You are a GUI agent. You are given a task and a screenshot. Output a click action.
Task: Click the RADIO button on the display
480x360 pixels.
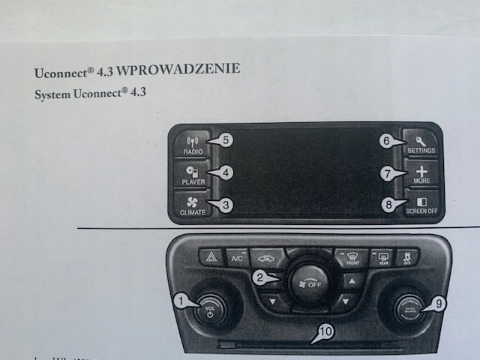coord(193,144)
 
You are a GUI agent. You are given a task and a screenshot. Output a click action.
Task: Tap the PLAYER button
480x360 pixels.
coord(193,175)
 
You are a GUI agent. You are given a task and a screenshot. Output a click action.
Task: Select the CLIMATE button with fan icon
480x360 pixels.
coord(193,205)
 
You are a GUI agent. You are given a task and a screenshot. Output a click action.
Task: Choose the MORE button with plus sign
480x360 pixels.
coord(421,175)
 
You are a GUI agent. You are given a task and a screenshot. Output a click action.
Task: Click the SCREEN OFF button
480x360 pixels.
coord(421,205)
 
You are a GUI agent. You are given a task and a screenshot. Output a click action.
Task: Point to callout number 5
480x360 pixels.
coord(226,139)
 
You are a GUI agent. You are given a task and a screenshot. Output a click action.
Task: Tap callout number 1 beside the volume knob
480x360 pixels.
coord(180,301)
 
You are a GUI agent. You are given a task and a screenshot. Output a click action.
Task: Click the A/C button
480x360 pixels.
coord(237,259)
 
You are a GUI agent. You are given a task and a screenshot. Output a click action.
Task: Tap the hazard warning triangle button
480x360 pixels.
coord(211,259)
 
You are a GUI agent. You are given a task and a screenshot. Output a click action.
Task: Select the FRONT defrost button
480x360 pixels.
coord(351,259)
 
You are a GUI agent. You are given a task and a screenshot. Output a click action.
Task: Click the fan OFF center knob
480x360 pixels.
coord(308,283)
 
